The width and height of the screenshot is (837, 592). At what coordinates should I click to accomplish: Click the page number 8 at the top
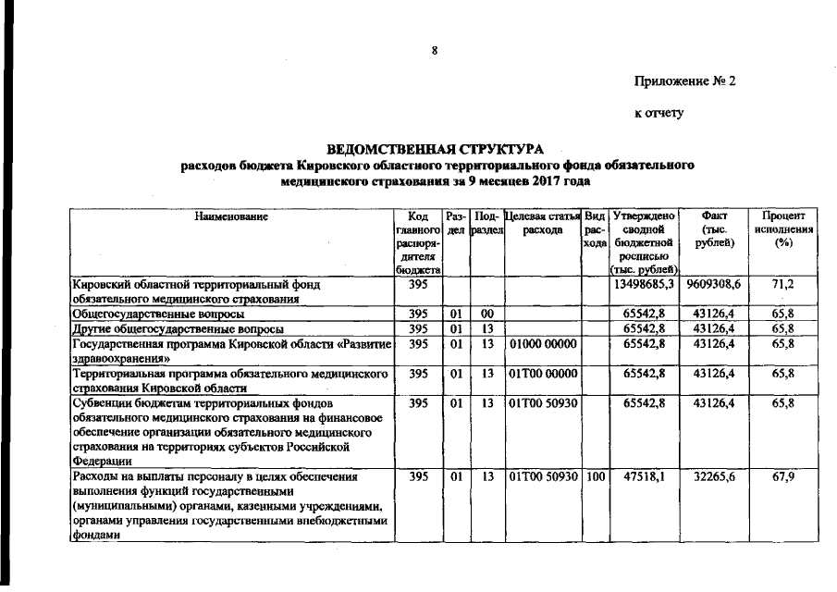(434, 50)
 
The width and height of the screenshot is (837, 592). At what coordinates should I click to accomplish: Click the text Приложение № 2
(683, 81)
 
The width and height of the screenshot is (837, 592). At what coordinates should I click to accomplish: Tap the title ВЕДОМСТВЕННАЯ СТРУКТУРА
(436, 149)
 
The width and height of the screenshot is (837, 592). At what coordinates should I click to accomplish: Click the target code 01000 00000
(544, 344)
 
